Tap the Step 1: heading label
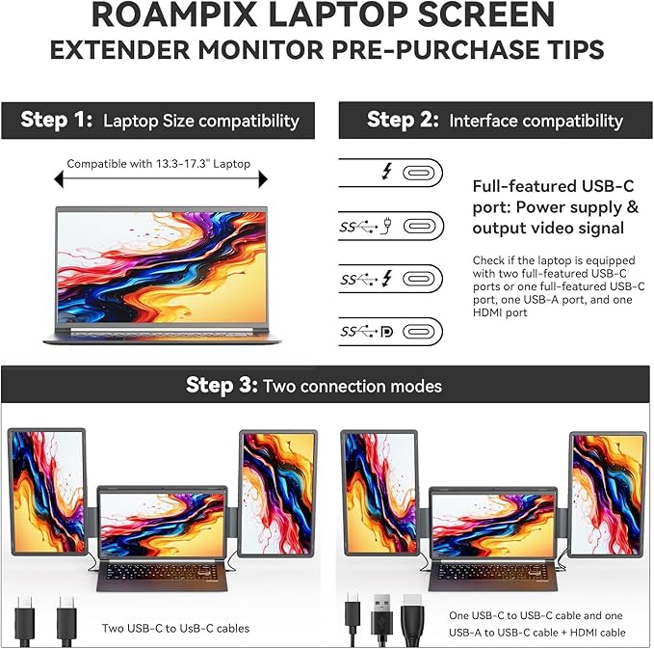click(x=58, y=121)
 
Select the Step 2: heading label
click(x=404, y=121)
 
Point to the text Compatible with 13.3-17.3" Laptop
click(x=158, y=164)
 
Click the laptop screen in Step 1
click(x=162, y=266)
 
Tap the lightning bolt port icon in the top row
click(x=387, y=172)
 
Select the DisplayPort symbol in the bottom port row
click(x=386, y=332)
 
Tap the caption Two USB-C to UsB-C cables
click(x=175, y=628)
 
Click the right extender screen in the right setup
click(x=607, y=493)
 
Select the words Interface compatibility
click(x=536, y=121)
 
